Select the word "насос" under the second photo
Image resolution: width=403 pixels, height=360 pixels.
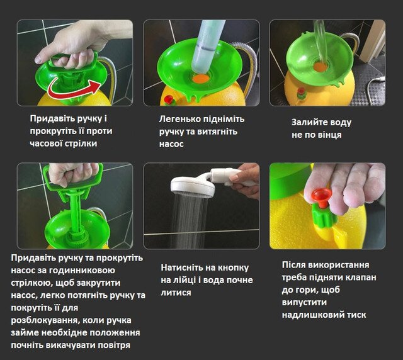[x=171, y=144]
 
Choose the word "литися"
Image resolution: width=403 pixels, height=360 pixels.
[x=176, y=293]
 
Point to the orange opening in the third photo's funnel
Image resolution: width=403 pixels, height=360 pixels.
[x=321, y=67]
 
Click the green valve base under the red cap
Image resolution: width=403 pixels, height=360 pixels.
[x=324, y=217]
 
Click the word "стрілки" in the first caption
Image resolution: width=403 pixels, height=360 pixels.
[x=82, y=143]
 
